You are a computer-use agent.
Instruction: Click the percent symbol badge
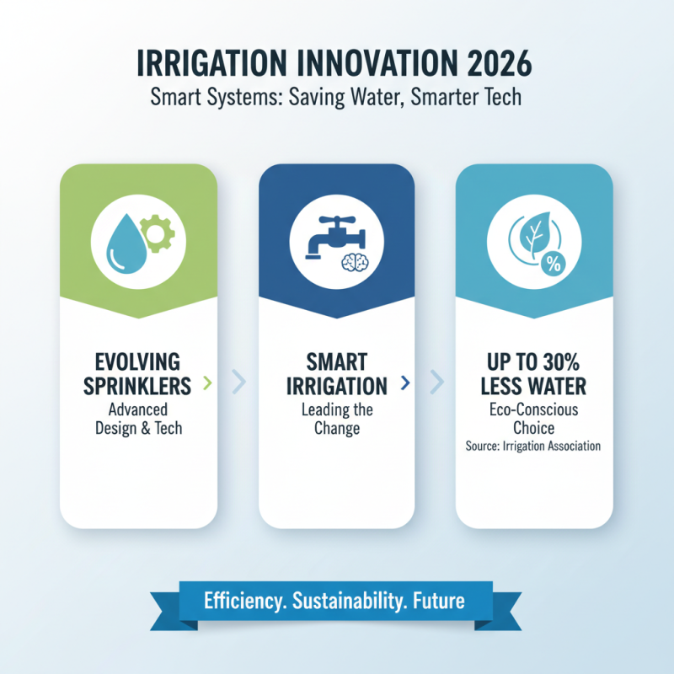click(x=554, y=264)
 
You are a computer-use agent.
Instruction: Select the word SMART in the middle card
click(x=336, y=363)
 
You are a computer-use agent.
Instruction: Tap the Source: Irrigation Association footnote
click(x=532, y=446)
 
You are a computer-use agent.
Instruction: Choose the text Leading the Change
click(x=336, y=419)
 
